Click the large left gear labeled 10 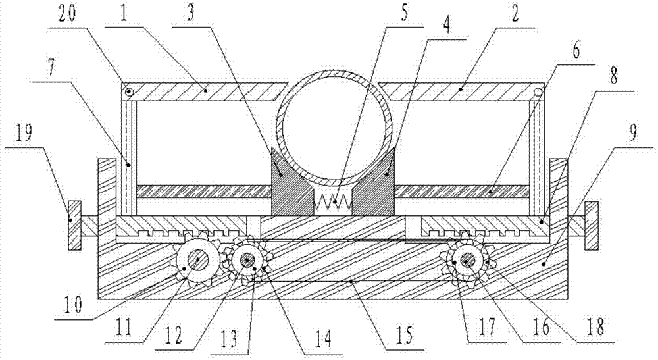[x=196, y=262]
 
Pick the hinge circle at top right [x=538, y=92]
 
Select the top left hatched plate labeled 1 [x=204, y=92]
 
